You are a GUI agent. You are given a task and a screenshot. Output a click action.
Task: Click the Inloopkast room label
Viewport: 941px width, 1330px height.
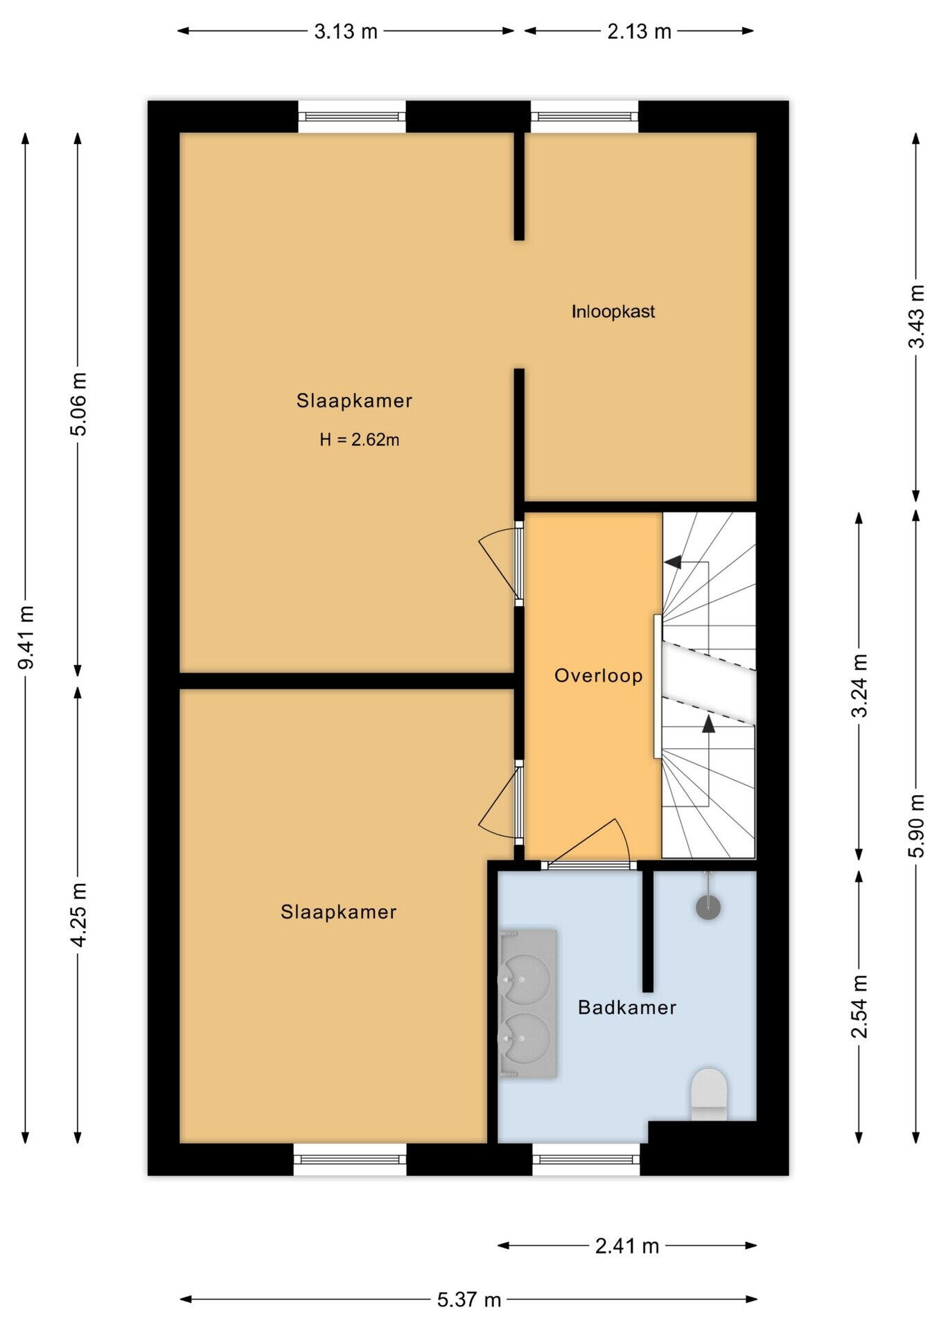pos(613,312)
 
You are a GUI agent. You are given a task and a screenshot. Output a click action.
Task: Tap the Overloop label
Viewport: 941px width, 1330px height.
pos(598,675)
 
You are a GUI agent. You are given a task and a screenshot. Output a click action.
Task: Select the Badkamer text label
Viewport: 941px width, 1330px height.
pos(627,1007)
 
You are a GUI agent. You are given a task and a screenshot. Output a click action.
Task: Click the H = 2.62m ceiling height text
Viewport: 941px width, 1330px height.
pos(359,440)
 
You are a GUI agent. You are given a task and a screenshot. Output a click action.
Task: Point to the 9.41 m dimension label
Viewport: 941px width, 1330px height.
pos(26,637)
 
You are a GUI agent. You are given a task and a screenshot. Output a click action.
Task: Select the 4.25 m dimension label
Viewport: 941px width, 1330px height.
pos(78,915)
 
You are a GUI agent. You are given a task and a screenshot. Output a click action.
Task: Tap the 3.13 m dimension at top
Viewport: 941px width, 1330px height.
pos(346,31)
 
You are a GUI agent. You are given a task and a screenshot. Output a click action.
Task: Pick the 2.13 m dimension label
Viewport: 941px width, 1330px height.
pos(640,31)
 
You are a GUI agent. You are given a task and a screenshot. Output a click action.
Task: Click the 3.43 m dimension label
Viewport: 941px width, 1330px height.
pos(916,317)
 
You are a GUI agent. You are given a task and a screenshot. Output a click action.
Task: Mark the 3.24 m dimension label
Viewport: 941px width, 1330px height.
pos(859,686)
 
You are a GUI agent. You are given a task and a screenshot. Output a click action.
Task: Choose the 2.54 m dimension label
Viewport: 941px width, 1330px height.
pos(859,1007)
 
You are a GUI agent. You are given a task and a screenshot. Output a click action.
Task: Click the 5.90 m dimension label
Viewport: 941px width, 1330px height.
pos(916,826)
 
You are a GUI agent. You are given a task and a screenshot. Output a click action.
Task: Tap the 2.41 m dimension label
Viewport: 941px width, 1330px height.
pos(627,1246)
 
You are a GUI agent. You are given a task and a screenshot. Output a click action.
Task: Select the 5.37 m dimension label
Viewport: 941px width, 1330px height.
pos(469,1300)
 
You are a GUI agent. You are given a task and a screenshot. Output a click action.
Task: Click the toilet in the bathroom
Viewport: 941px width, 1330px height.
pos(709,1094)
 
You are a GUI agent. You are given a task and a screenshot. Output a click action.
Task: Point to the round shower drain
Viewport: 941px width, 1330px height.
pos(708,907)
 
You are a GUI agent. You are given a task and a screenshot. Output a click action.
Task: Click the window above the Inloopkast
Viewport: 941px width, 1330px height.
pos(584,116)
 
